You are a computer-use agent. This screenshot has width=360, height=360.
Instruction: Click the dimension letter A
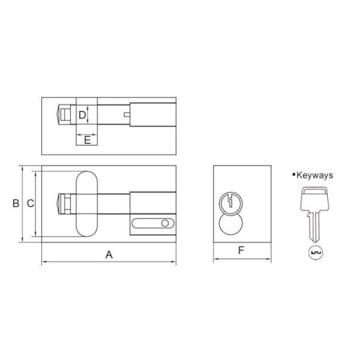pos(109,254)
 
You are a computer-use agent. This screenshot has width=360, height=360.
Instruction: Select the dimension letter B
pos(16,203)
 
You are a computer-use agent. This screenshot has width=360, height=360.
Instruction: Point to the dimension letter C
pos(29,203)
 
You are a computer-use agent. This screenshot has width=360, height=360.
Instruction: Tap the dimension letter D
pos(83,114)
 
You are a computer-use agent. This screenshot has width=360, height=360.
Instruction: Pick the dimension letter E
pos(87,140)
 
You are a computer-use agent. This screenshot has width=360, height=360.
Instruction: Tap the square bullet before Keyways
pos(293,175)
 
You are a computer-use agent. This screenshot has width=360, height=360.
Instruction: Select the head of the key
pos(314,196)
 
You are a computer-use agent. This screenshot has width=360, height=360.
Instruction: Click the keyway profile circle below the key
pos(314,253)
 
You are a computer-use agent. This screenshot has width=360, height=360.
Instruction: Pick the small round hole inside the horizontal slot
pos(164,224)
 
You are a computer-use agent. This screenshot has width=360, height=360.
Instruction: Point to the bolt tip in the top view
pos(61,113)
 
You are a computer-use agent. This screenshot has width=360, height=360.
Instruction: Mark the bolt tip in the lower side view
pos(61,203)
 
